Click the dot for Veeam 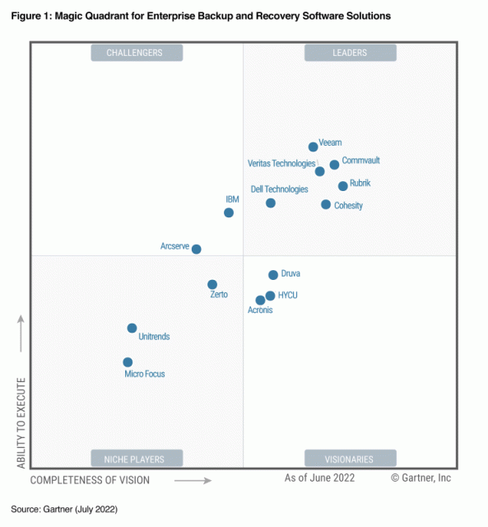(314, 147)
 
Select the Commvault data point (334, 165)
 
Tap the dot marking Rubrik (343, 186)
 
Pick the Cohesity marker (326, 204)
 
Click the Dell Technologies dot (271, 203)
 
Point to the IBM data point (229, 212)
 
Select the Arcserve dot (196, 249)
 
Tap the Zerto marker (212, 285)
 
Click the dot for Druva (273, 275)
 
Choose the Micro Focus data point (128, 362)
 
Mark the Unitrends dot (132, 329)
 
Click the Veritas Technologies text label (281, 163)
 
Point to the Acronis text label (260, 310)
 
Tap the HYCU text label (288, 295)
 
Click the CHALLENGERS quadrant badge (136, 53)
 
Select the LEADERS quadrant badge (350, 53)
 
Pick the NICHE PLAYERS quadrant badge (136, 459)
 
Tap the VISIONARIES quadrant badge (350, 459)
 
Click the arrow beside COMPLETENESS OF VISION (193, 479)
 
